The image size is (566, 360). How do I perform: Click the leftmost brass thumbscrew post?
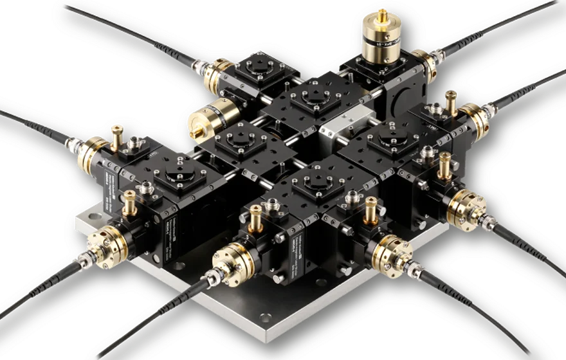[x=117, y=136]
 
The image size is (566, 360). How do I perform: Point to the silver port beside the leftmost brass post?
[x=138, y=142]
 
